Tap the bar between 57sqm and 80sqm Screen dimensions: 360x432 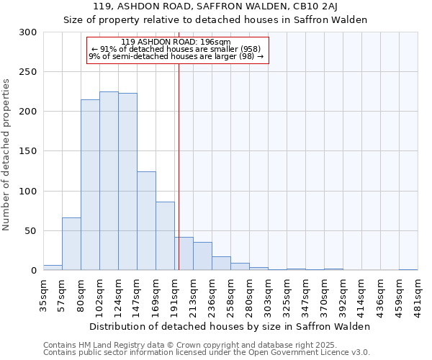[x=71, y=244]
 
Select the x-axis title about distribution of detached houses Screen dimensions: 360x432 [x=230, y=326]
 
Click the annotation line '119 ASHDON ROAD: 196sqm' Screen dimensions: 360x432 [x=176, y=42]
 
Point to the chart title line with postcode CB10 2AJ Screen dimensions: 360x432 [x=216, y=7]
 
